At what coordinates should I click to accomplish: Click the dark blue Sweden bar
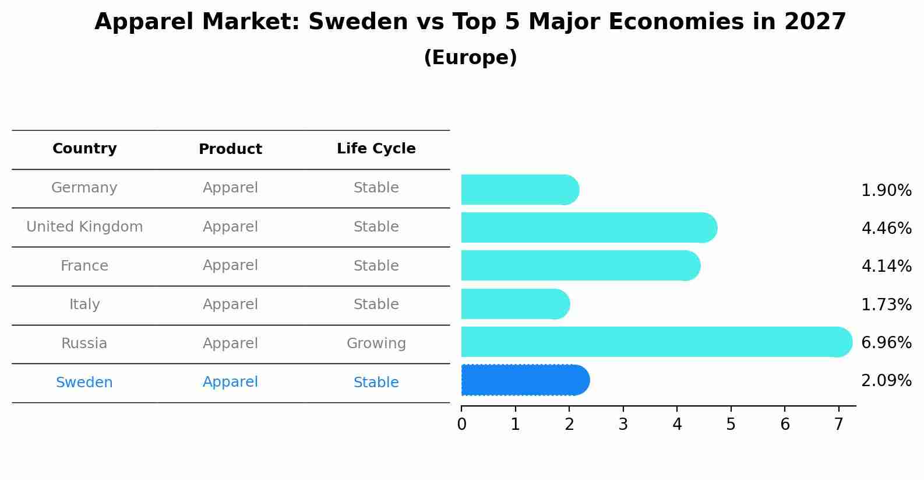pyautogui.click(x=525, y=380)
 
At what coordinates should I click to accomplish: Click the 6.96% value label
pyautogui.click(x=886, y=342)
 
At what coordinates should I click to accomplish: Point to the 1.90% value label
pyautogui.click(x=886, y=191)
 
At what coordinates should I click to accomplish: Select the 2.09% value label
pyautogui.click(x=886, y=381)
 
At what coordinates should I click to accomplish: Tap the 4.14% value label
pyautogui.click(x=886, y=267)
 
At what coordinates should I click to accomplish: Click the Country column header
pyautogui.click(x=84, y=149)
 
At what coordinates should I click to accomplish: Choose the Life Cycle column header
pyautogui.click(x=376, y=149)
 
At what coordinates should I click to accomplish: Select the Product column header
pyautogui.click(x=230, y=149)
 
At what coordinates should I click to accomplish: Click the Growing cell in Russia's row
pyautogui.click(x=376, y=344)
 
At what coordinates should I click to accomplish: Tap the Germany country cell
pyautogui.click(x=84, y=188)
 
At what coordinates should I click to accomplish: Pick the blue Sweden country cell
pyautogui.click(x=84, y=383)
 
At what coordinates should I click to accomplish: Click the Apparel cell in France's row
pyautogui.click(x=230, y=265)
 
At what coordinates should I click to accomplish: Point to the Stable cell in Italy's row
pyautogui.click(x=376, y=304)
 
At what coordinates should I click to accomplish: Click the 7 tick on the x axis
pyautogui.click(x=838, y=425)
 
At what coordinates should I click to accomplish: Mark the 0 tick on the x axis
pyautogui.click(x=461, y=425)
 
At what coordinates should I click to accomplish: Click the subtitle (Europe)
pyautogui.click(x=470, y=58)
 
